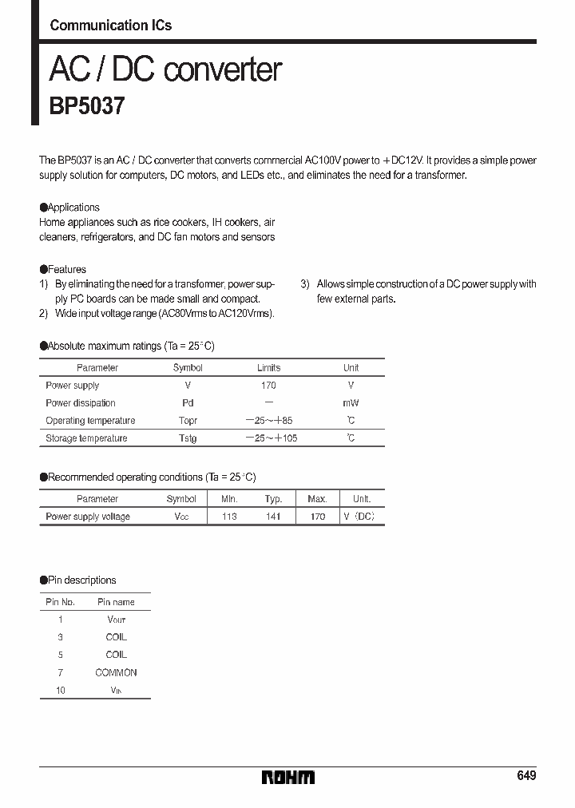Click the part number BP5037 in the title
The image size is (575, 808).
coord(87,106)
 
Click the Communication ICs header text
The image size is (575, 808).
coord(110,25)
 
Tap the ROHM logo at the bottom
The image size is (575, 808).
coord(288,777)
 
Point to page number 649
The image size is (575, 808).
coord(525,776)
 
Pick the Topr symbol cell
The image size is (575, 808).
coord(188,421)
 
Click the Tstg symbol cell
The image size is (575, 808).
coord(188,438)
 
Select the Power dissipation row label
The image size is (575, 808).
coord(81,403)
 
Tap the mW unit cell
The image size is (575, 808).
coord(351,403)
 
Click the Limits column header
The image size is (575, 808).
coord(268,368)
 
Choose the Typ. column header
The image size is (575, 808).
coord(274,499)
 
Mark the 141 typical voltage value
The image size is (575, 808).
coord(274,517)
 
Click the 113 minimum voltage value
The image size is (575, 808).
coord(229,517)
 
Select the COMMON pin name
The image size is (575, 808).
coord(116,672)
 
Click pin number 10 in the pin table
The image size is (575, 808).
coord(61,690)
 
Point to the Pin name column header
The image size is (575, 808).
coord(116,602)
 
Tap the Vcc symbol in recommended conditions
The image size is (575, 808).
coord(181,517)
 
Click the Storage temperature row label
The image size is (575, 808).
coord(86,438)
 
